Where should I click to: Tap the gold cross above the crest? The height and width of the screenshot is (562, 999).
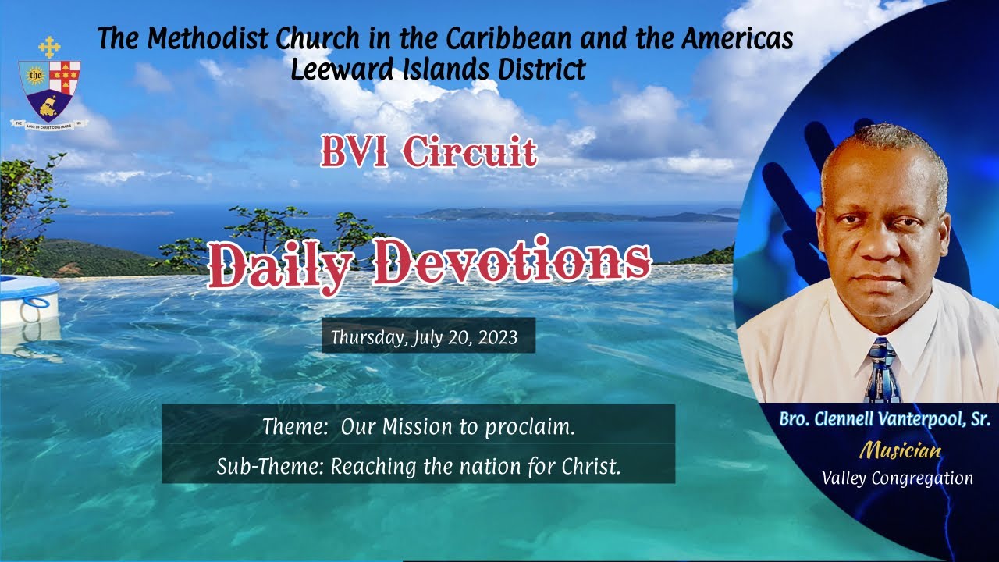(x=49, y=46)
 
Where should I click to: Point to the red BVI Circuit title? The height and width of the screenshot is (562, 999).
(x=428, y=152)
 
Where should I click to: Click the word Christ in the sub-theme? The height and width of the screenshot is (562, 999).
(x=591, y=466)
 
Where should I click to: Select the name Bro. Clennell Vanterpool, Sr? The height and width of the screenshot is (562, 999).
(x=884, y=420)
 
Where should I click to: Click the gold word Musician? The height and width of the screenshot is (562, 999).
(x=900, y=450)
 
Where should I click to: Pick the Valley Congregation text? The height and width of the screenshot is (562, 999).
(x=898, y=478)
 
